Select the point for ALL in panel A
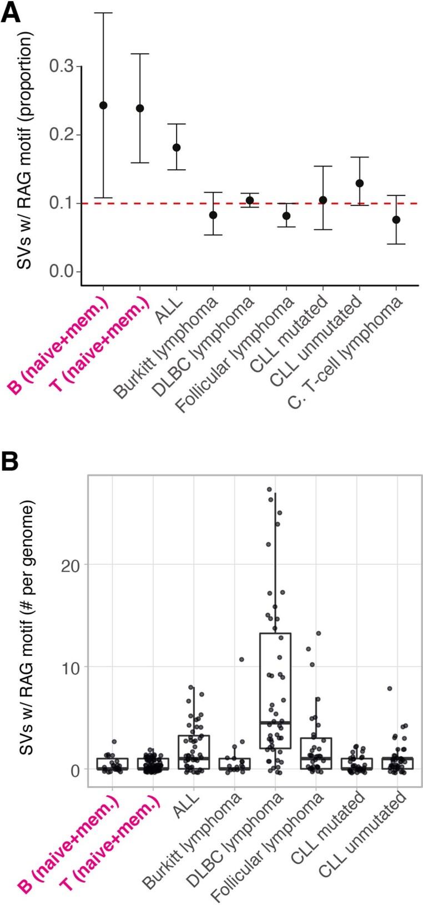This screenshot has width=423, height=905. [177, 148]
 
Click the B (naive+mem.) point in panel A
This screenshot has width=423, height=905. [103, 105]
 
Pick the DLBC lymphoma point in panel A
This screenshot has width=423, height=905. [250, 200]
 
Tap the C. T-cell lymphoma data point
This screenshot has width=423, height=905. [396, 220]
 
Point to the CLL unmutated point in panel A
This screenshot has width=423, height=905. [360, 183]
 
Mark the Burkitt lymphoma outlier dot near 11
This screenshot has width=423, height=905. [241, 659]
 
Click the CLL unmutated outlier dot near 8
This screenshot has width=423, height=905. [390, 689]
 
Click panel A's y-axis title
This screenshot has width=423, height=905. [25, 150]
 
